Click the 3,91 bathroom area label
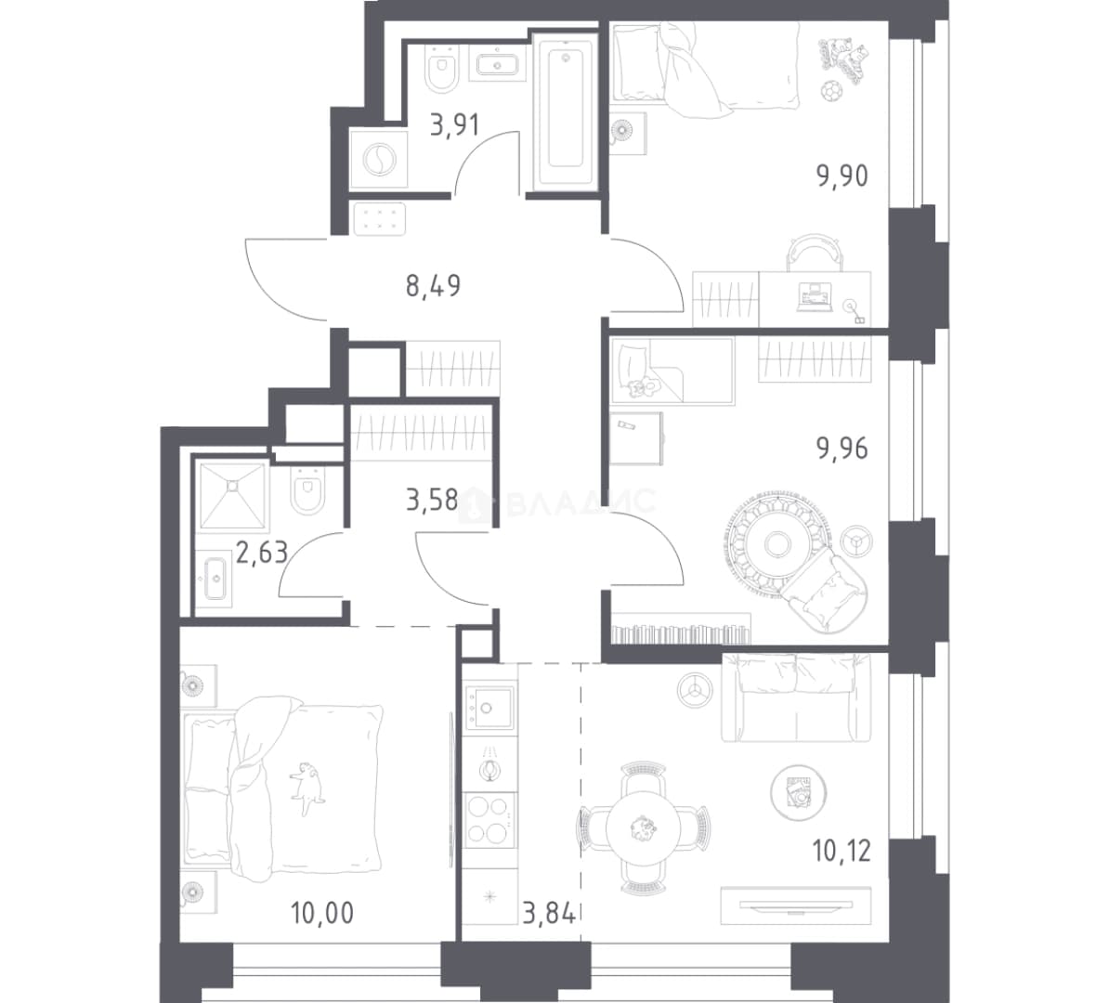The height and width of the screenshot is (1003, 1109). (455, 125)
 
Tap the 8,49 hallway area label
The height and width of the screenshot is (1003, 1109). (433, 286)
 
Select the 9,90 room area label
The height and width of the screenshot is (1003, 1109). (842, 176)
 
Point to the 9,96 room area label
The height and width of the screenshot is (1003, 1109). (842, 449)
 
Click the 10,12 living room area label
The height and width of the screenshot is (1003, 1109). (842, 851)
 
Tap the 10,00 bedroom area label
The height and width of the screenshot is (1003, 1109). (321, 913)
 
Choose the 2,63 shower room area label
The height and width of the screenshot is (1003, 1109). (262, 552)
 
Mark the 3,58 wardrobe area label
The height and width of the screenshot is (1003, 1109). (432, 501)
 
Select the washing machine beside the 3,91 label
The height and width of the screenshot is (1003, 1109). (379, 160)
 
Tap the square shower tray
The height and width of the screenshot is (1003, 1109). (233, 495)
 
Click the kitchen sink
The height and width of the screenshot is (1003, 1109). (487, 706)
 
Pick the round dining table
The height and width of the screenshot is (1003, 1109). (644, 827)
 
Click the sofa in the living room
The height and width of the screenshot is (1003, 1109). (795, 697)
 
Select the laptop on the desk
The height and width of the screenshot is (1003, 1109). (814, 296)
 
